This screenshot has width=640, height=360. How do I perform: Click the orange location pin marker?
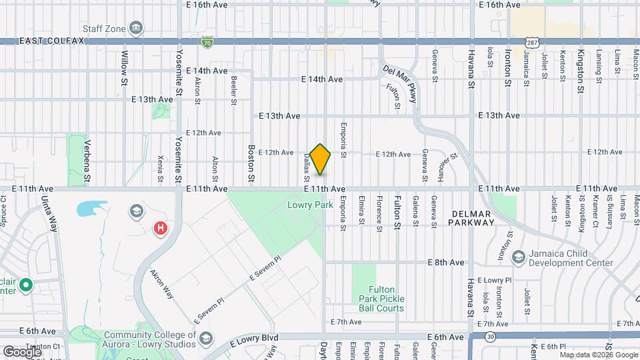click(x=320, y=159)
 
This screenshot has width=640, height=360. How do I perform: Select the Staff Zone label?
click(x=103, y=28)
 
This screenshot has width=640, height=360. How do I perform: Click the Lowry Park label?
click(x=310, y=205)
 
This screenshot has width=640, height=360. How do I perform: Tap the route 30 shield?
click(x=490, y=337)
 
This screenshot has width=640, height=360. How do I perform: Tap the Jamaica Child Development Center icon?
click(x=518, y=257)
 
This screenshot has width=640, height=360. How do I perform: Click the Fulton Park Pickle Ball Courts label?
click(x=378, y=299)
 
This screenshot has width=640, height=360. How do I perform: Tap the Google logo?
click(x=22, y=351)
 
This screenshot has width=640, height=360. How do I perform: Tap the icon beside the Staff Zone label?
click(x=137, y=28)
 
